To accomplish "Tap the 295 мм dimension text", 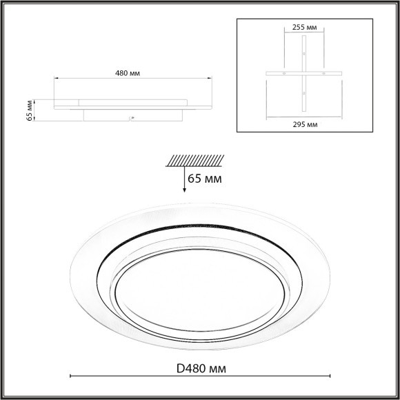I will (x=305, y=124).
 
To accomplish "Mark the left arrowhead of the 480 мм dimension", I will (x=57, y=79).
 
